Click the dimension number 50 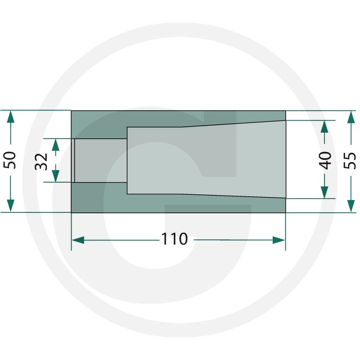pos(10,160)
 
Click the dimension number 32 pos(41,162)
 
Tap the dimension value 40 pos(325,161)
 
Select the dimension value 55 pos(350,161)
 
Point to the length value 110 pos(175,239)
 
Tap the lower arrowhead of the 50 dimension pos(10,206)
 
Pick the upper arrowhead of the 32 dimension pos(55,145)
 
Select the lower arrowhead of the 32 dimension pos(55,176)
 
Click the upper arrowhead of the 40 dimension pos(324,126)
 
